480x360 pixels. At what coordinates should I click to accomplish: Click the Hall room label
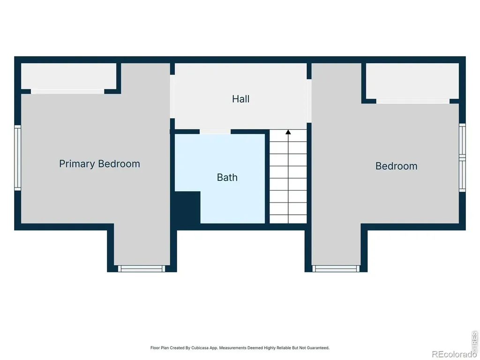click(x=240, y=99)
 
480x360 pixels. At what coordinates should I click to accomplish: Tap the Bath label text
click(x=227, y=178)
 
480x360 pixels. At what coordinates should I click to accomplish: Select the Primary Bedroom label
click(x=99, y=164)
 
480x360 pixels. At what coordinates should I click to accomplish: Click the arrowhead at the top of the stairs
click(x=288, y=132)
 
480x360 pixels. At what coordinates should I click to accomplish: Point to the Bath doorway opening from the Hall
click(x=215, y=132)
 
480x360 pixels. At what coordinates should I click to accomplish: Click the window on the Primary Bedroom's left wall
click(x=18, y=157)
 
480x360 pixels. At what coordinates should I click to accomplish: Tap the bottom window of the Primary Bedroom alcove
click(x=142, y=269)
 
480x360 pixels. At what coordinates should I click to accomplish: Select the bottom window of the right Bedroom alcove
click(x=336, y=269)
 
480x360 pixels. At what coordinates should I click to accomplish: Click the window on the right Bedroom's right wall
click(x=462, y=157)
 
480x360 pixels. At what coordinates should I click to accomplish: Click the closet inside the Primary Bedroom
click(x=68, y=76)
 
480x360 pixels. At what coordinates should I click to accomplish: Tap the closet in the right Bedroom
click(x=412, y=81)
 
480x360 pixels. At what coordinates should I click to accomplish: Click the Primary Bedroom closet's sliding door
click(x=67, y=91)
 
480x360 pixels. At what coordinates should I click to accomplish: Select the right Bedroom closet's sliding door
click(x=413, y=101)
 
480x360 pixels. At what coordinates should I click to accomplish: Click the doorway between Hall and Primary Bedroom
click(x=172, y=97)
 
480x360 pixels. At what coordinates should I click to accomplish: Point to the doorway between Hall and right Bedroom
click(x=309, y=101)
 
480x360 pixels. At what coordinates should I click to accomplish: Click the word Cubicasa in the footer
click(x=200, y=348)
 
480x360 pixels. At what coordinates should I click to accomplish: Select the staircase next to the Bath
click(x=288, y=176)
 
